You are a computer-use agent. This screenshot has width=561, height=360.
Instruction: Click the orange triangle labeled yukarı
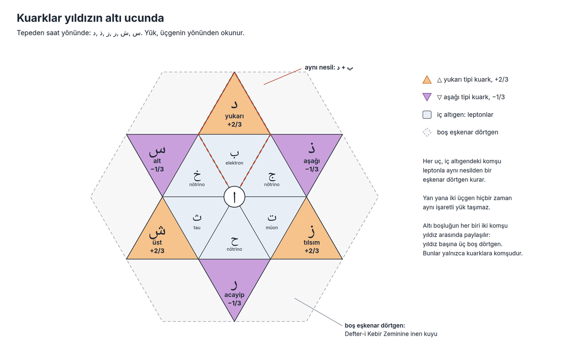click(x=234, y=113)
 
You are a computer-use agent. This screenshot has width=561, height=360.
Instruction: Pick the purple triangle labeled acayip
click(x=234, y=281)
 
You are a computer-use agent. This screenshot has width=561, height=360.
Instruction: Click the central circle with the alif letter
click(x=234, y=197)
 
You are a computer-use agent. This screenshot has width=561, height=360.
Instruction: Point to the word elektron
click(x=234, y=163)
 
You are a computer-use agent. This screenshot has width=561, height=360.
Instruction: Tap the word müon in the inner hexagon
click(x=272, y=228)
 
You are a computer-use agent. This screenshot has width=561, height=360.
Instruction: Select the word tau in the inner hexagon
click(x=197, y=228)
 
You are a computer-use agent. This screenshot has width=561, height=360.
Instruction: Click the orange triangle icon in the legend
click(x=427, y=79)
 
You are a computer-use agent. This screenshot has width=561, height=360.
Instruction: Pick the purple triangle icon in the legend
click(x=427, y=97)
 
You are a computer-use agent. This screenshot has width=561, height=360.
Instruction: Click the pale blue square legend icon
click(x=427, y=115)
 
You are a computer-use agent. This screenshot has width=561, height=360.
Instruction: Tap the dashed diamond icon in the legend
click(x=427, y=132)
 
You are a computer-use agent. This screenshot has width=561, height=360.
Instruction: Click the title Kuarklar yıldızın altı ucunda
click(x=90, y=18)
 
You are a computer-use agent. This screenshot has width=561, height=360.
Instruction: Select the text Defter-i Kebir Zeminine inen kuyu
click(x=391, y=334)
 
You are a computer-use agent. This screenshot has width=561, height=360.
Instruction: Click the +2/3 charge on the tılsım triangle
click(x=311, y=251)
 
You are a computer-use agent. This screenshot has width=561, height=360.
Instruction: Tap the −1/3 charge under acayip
click(x=234, y=303)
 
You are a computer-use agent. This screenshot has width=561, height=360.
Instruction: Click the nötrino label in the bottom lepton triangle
click(x=234, y=249)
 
